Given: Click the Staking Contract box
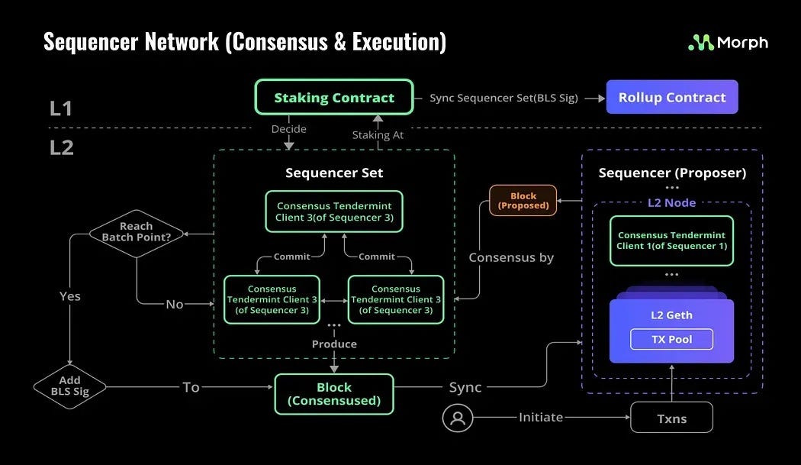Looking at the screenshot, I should (x=334, y=98).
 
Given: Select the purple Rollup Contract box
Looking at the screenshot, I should (x=672, y=97).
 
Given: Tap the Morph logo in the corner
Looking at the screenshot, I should (x=728, y=43).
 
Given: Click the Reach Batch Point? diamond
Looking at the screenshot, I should (x=137, y=232).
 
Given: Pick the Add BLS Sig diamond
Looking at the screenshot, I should (x=70, y=386).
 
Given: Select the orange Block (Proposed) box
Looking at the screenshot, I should (x=523, y=201).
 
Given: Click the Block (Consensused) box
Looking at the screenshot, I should (x=334, y=394).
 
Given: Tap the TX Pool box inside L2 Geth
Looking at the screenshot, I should (x=671, y=339).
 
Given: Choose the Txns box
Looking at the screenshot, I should (x=671, y=418).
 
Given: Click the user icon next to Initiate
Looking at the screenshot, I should (x=458, y=418).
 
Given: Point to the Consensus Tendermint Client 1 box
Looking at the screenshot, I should (x=671, y=241).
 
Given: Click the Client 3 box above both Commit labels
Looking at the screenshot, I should (x=334, y=212).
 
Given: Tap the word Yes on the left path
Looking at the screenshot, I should (x=69, y=295).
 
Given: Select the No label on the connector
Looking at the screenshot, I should (x=175, y=304).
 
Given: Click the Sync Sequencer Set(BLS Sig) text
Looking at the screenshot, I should (x=503, y=98).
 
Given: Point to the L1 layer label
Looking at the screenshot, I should (x=61, y=108).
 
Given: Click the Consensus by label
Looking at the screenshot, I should (x=511, y=257).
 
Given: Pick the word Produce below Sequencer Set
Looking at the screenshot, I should (x=334, y=344).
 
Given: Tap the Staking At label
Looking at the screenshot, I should (x=378, y=134).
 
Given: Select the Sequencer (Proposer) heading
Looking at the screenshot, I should (x=671, y=173).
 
